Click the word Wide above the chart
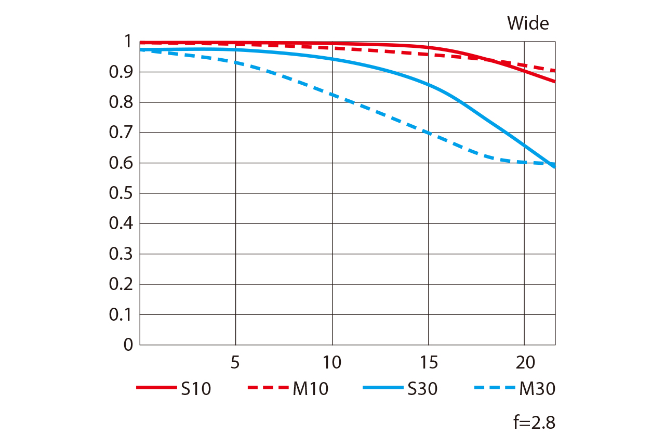click(x=528, y=23)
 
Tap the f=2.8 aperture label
click(x=534, y=423)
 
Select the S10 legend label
click(x=196, y=389)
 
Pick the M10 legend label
click(x=311, y=389)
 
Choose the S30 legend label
click(x=422, y=389)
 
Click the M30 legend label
click(x=537, y=389)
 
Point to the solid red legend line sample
click(x=156, y=388)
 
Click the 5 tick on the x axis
click(x=235, y=362)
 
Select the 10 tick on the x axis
click(x=331, y=362)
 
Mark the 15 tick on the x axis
click(x=428, y=362)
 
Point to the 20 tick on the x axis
click(x=524, y=362)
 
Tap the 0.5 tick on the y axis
click(x=121, y=193)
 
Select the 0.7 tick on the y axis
click(x=121, y=133)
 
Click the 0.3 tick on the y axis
click(x=121, y=254)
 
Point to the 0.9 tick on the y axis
click(x=121, y=72)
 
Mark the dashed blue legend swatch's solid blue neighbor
click(x=382, y=388)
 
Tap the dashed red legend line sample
click(x=268, y=388)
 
